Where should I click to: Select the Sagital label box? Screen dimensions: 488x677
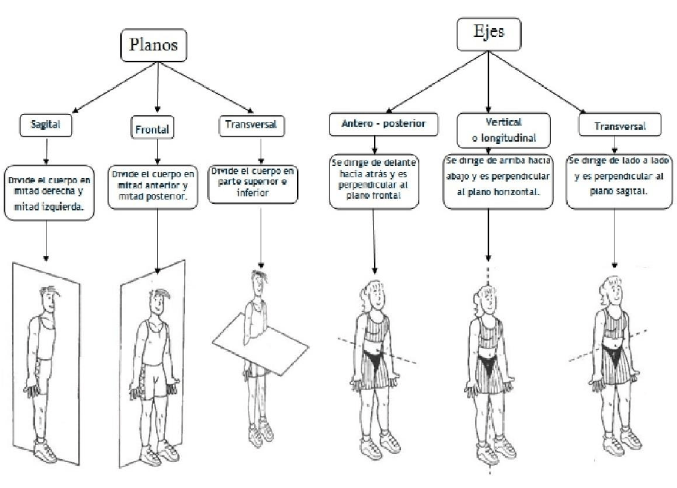tap(46, 125)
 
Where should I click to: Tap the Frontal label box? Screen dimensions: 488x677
tap(151, 128)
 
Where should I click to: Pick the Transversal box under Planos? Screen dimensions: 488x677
tap(249, 125)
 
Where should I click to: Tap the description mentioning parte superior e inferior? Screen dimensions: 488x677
tap(252, 183)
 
